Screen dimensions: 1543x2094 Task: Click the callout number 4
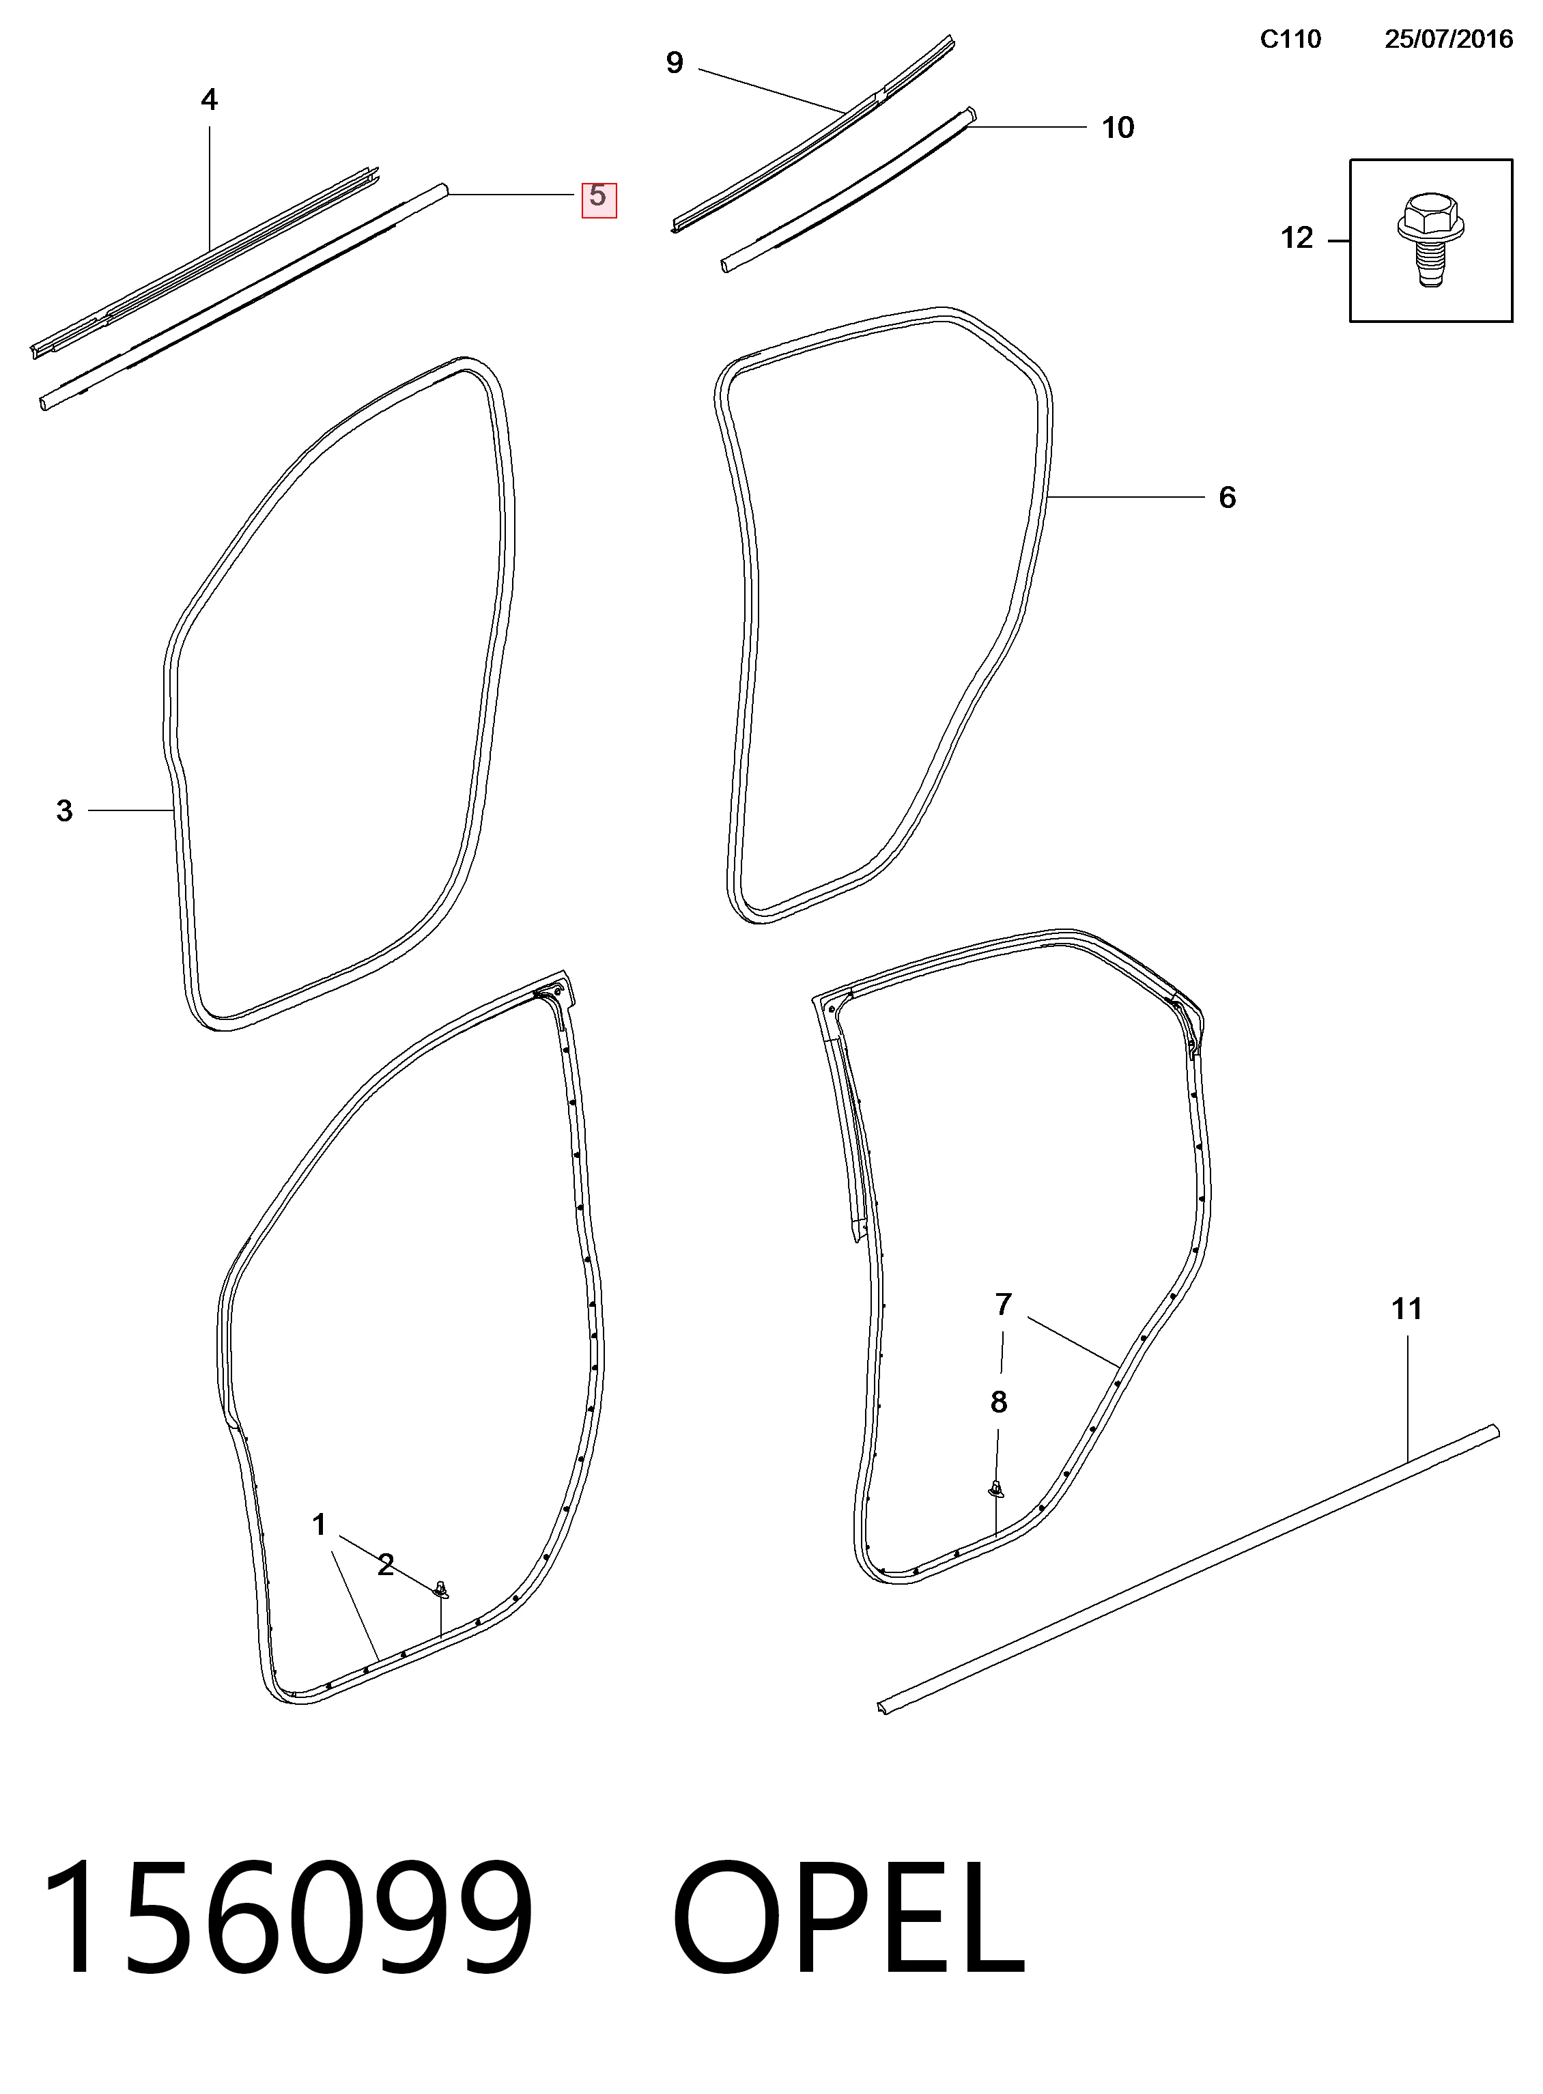point(209,99)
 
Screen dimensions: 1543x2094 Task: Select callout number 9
point(675,63)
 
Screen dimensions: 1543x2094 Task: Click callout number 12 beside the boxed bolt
point(1297,238)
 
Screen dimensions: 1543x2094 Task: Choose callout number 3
point(63,810)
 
